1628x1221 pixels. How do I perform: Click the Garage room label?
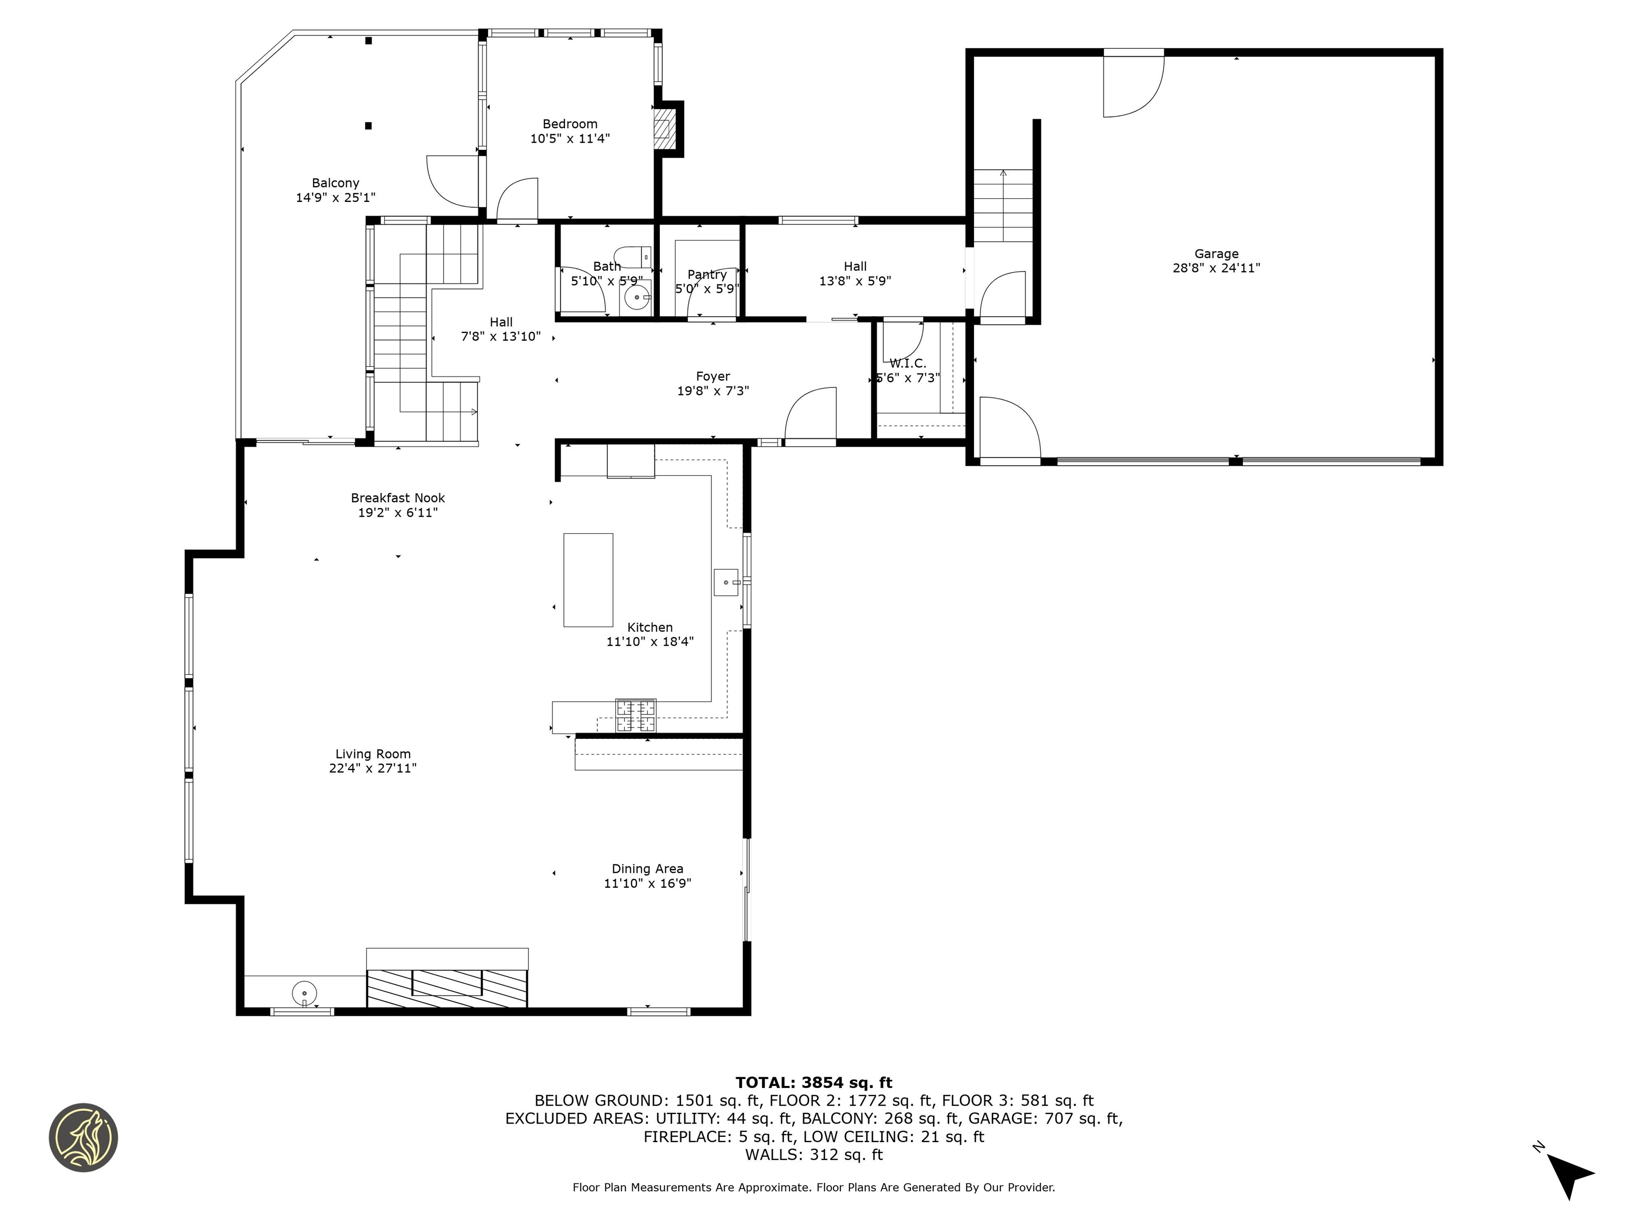click(x=1215, y=254)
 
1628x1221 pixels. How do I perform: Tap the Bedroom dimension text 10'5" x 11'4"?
click(x=570, y=138)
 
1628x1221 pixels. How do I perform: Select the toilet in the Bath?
click(x=632, y=256)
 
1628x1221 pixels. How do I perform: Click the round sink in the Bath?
click(x=636, y=298)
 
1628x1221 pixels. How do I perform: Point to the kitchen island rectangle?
click(x=588, y=580)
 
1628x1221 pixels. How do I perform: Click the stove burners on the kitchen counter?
click(x=635, y=716)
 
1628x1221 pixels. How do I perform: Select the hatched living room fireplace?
click(x=447, y=988)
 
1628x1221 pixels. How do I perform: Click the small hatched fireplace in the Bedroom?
click(x=664, y=129)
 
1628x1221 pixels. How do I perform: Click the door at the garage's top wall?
click(x=1132, y=85)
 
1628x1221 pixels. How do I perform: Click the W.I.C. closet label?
click(x=907, y=364)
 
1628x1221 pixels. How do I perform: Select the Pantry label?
click(x=706, y=275)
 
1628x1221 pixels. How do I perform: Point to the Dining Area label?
click(x=647, y=869)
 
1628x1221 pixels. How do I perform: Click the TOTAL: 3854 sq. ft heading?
click(x=813, y=1083)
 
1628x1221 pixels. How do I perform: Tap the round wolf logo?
click(x=83, y=1137)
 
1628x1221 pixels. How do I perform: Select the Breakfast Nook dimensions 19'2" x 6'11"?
click(x=397, y=512)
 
